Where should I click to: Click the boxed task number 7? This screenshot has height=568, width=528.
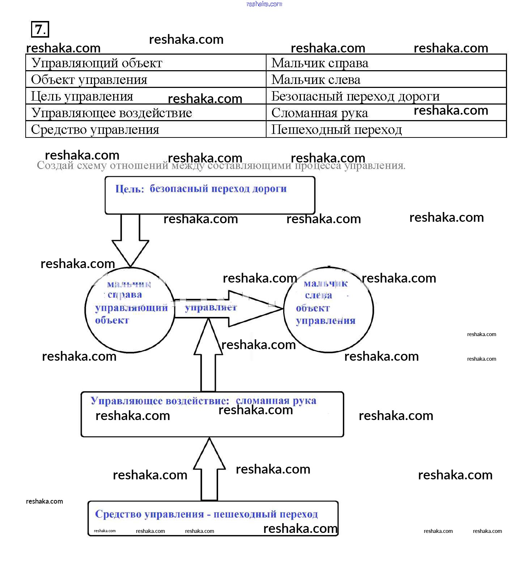pyautogui.click(x=40, y=29)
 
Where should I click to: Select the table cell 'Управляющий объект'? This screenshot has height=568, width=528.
pyautogui.click(x=97, y=63)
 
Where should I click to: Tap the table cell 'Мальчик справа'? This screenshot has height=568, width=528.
pyautogui.click(x=320, y=63)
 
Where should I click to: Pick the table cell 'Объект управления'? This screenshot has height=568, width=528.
pyautogui.click(x=89, y=80)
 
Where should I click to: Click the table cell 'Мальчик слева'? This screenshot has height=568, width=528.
pyautogui.click(x=316, y=80)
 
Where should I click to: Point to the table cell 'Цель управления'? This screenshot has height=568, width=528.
pyautogui.click(x=82, y=96)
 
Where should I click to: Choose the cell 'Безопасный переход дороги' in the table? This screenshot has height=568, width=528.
pyautogui.click(x=355, y=96)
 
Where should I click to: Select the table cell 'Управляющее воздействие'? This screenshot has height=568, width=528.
pyautogui.click(x=111, y=113)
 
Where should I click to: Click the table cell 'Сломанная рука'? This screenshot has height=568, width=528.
pyautogui.click(x=320, y=113)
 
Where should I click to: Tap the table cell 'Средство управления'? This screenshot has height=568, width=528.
pyautogui.click(x=95, y=130)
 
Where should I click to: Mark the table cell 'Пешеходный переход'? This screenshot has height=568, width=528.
pyautogui.click(x=336, y=130)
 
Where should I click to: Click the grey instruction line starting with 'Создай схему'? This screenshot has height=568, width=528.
pyautogui.click(x=221, y=166)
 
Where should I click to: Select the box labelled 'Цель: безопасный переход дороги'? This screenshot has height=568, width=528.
pyautogui.click(x=210, y=195)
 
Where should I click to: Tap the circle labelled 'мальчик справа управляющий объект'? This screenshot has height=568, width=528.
pyautogui.click(x=129, y=310)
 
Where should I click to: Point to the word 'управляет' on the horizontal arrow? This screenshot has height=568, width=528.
pyautogui.click(x=211, y=308)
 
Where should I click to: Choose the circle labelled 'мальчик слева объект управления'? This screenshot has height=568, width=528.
pyautogui.click(x=328, y=310)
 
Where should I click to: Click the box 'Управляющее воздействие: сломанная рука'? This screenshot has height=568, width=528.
pyautogui.click(x=212, y=414)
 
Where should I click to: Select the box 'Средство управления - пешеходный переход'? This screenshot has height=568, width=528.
pyautogui.click(x=213, y=518)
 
